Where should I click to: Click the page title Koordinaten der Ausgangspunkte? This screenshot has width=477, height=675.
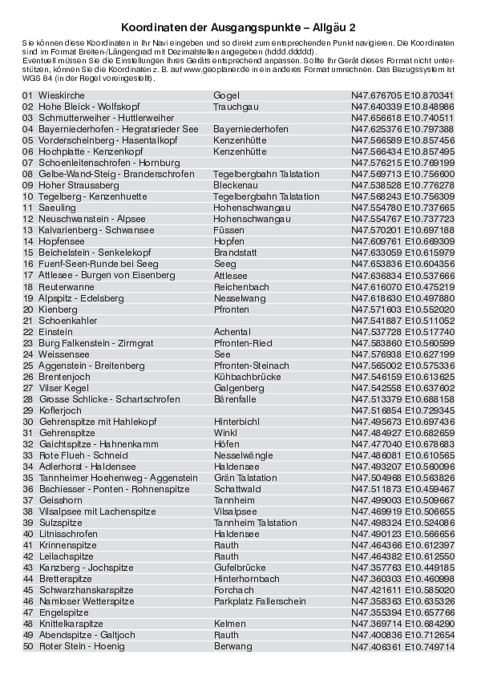tap(238, 26)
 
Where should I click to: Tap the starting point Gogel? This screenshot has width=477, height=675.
tap(226, 95)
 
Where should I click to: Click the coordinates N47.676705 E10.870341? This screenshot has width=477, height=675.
tap(402, 95)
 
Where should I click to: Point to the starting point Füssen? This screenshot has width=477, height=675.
tap(228, 230)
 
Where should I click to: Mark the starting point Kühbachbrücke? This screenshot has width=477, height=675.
tap(247, 376)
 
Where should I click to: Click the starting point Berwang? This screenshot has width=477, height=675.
tap(232, 646)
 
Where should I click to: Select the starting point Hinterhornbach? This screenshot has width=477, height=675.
tap(247, 579)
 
